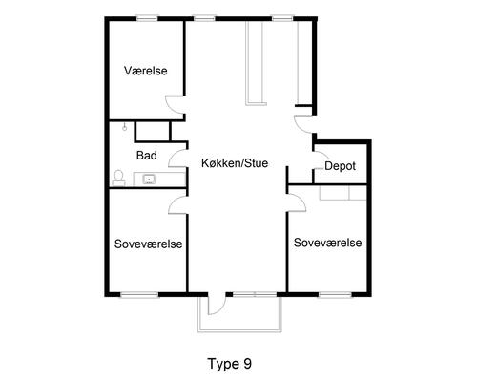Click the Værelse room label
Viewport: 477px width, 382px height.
coord(146,71)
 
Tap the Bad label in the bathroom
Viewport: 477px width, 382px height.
coord(147,156)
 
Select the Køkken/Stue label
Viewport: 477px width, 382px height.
coord(235,163)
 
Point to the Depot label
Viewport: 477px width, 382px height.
coord(340,166)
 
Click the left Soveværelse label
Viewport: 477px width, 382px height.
coord(148,244)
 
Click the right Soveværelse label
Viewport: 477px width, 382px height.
coord(327,243)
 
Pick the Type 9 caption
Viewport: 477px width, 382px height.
coord(230,364)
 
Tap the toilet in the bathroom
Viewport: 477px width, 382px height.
coord(118,178)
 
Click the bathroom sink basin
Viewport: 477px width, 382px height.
coord(149,180)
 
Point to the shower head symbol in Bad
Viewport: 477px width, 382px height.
coord(125,127)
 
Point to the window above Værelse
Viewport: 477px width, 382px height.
coord(147,19)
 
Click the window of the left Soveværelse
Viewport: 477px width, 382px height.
coord(139,295)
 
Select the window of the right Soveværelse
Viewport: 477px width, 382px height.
coord(335,295)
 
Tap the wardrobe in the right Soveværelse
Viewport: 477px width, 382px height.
coord(343,193)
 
